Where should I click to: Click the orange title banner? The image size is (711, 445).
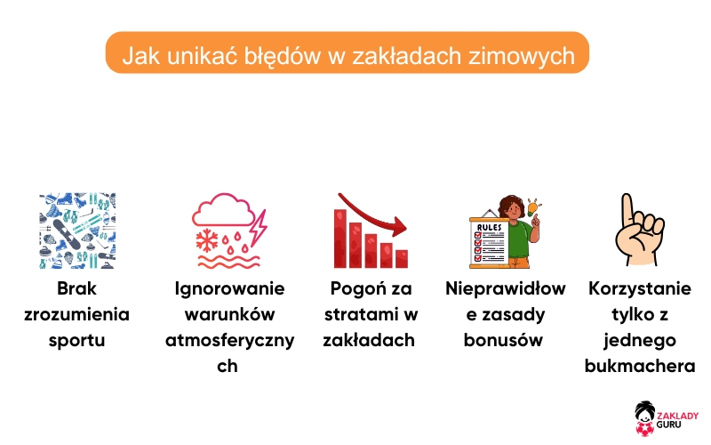347,53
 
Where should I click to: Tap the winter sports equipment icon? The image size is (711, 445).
77,231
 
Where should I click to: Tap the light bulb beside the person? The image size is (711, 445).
533,208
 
